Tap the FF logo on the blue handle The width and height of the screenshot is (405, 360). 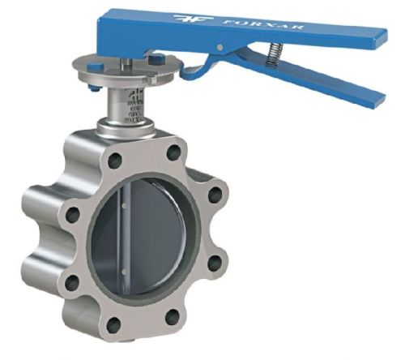[187, 17]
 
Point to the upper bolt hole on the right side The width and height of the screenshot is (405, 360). [212, 198]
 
